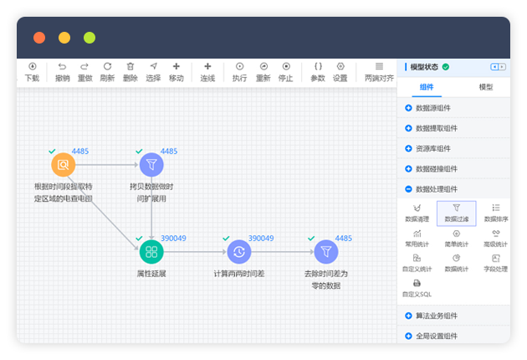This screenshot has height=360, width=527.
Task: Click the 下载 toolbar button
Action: coord(32,71)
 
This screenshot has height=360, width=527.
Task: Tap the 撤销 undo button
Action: coord(62,71)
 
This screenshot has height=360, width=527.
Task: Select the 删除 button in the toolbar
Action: coord(130,71)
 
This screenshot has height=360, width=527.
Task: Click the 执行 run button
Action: coord(239,71)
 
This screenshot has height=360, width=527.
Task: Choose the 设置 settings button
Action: coord(340,71)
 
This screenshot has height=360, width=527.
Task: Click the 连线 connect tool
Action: coord(207,71)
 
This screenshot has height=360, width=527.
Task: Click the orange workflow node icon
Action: coord(63,164)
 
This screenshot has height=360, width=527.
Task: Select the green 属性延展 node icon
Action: coord(151,251)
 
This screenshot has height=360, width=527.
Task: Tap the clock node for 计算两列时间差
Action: coord(239,251)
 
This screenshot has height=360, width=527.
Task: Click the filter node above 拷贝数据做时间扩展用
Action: coord(151,164)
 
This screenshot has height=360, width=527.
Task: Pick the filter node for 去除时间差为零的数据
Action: coord(326,251)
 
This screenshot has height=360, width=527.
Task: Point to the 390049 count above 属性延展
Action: coord(173,239)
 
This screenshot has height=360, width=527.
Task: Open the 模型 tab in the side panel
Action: coord(485,87)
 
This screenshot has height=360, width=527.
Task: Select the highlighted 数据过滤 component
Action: coord(456,213)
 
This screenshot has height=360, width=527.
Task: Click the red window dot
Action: coord(39,38)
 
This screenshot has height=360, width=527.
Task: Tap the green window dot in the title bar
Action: coord(90,38)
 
